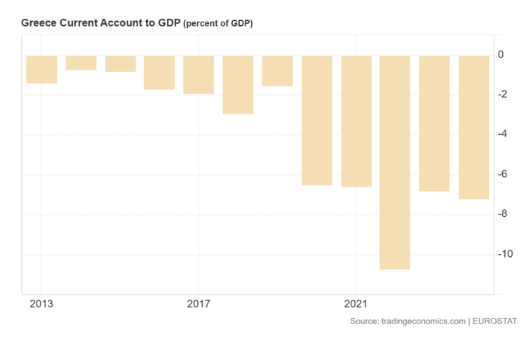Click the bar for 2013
[x=41, y=69]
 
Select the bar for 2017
[x=198, y=75]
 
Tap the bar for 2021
[x=356, y=121]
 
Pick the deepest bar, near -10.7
[x=395, y=162]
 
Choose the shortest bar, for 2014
[x=81, y=63]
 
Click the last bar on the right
[x=473, y=127]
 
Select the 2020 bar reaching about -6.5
[x=316, y=120]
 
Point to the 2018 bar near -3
[x=238, y=85]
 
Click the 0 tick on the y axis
[x=501, y=54]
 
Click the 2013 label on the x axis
[x=41, y=305]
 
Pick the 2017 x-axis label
[x=198, y=305]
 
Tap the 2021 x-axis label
[x=356, y=305]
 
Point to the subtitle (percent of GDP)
[x=218, y=24]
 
